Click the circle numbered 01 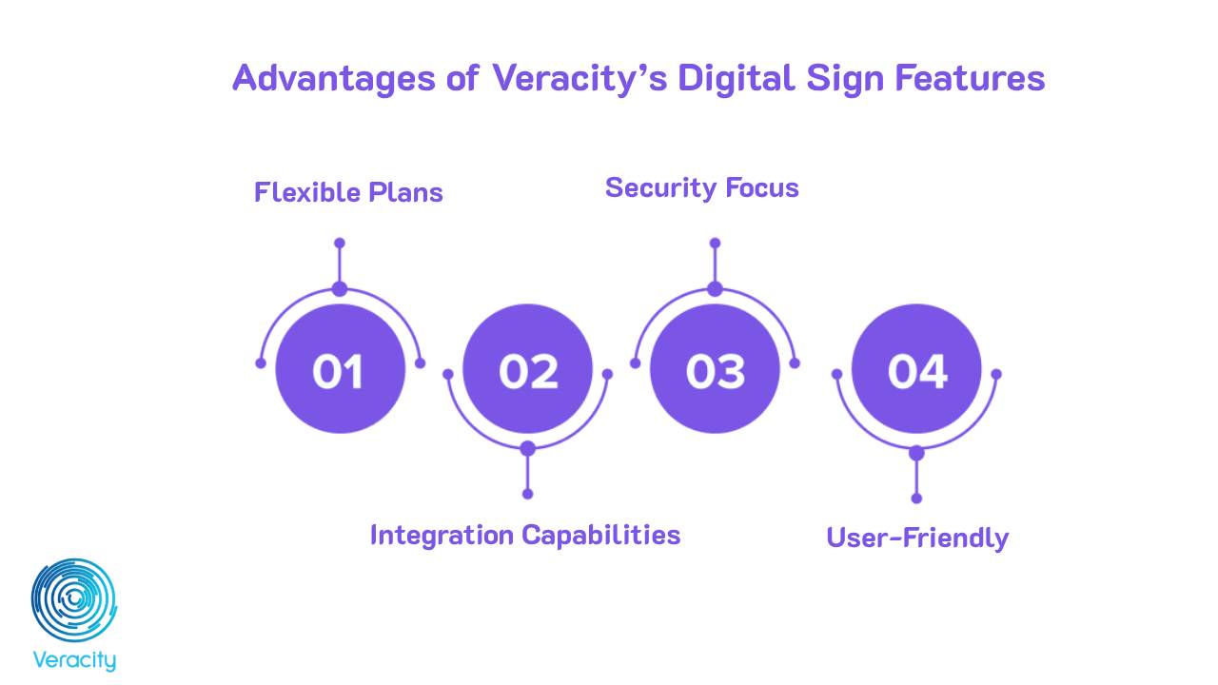[x=340, y=369]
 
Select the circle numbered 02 [x=528, y=369]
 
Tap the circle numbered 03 [x=716, y=369]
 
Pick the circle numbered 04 [x=916, y=369]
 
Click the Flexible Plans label [x=348, y=192]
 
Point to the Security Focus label [x=701, y=187]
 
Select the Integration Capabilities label [x=524, y=535]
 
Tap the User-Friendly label [x=916, y=538]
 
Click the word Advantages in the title [x=333, y=78]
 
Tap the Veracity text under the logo [x=74, y=660]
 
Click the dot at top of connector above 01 [x=340, y=244]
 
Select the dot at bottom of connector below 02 [x=528, y=494]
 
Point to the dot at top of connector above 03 [x=716, y=244]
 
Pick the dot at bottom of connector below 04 [x=916, y=498]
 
